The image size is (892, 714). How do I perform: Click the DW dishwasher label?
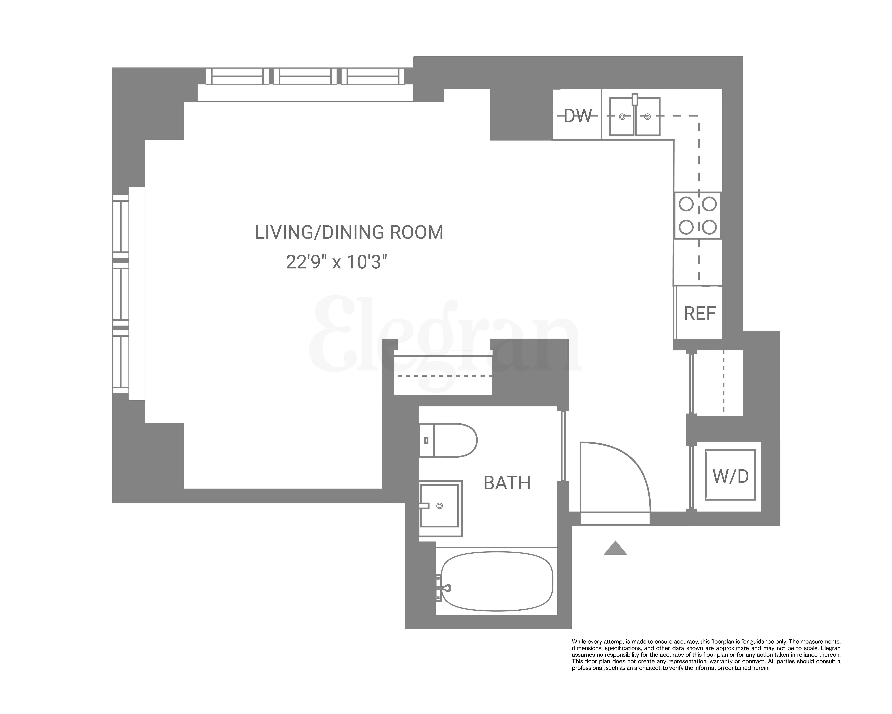pyautogui.click(x=578, y=116)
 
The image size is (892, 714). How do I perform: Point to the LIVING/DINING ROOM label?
pyautogui.click(x=349, y=232)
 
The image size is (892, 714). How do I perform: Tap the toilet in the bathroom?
pyautogui.click(x=449, y=440)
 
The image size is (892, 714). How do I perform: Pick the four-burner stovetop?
pyautogui.click(x=698, y=215)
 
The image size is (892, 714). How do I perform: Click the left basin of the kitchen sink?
pyautogui.click(x=622, y=117)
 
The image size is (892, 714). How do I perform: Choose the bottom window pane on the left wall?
pyautogui.click(x=121, y=361)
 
